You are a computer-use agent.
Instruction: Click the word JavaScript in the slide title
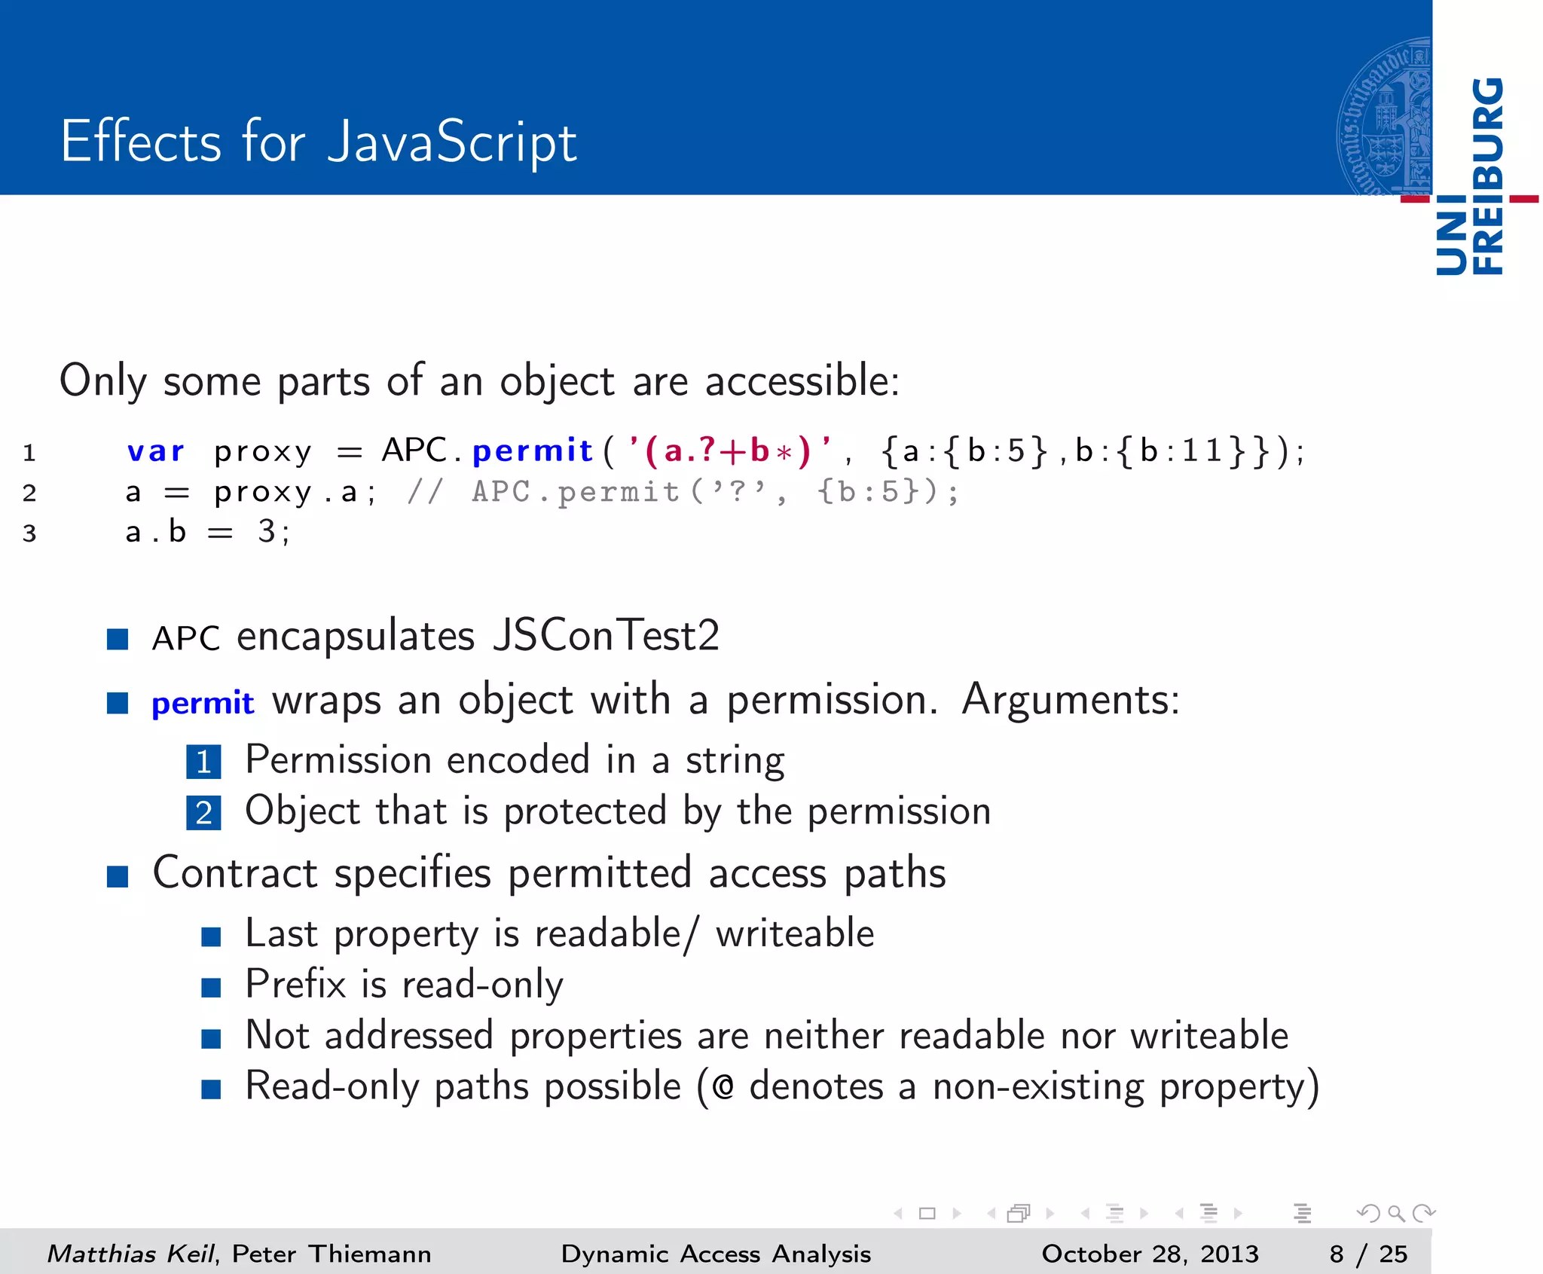click(x=452, y=143)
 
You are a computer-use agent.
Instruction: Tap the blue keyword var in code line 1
click(x=155, y=451)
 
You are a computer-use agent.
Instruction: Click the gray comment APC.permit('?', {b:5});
click(x=715, y=492)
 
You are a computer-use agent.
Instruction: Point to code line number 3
click(x=29, y=533)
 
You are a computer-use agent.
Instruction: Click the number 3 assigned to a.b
click(x=266, y=532)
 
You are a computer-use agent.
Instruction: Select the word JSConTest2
click(x=606, y=636)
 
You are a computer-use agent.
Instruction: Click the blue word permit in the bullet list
click(x=203, y=703)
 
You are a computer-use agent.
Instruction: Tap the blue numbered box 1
click(x=203, y=762)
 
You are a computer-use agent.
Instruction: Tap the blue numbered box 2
click(x=203, y=813)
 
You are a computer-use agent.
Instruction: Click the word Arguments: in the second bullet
click(x=1070, y=700)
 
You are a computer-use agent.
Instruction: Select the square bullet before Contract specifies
click(x=118, y=876)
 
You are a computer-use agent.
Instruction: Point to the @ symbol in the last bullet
click(x=723, y=1087)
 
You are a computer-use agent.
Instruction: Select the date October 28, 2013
click(x=1150, y=1254)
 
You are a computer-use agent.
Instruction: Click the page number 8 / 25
click(x=1367, y=1254)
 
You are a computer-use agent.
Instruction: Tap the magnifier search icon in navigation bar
click(x=1395, y=1213)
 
